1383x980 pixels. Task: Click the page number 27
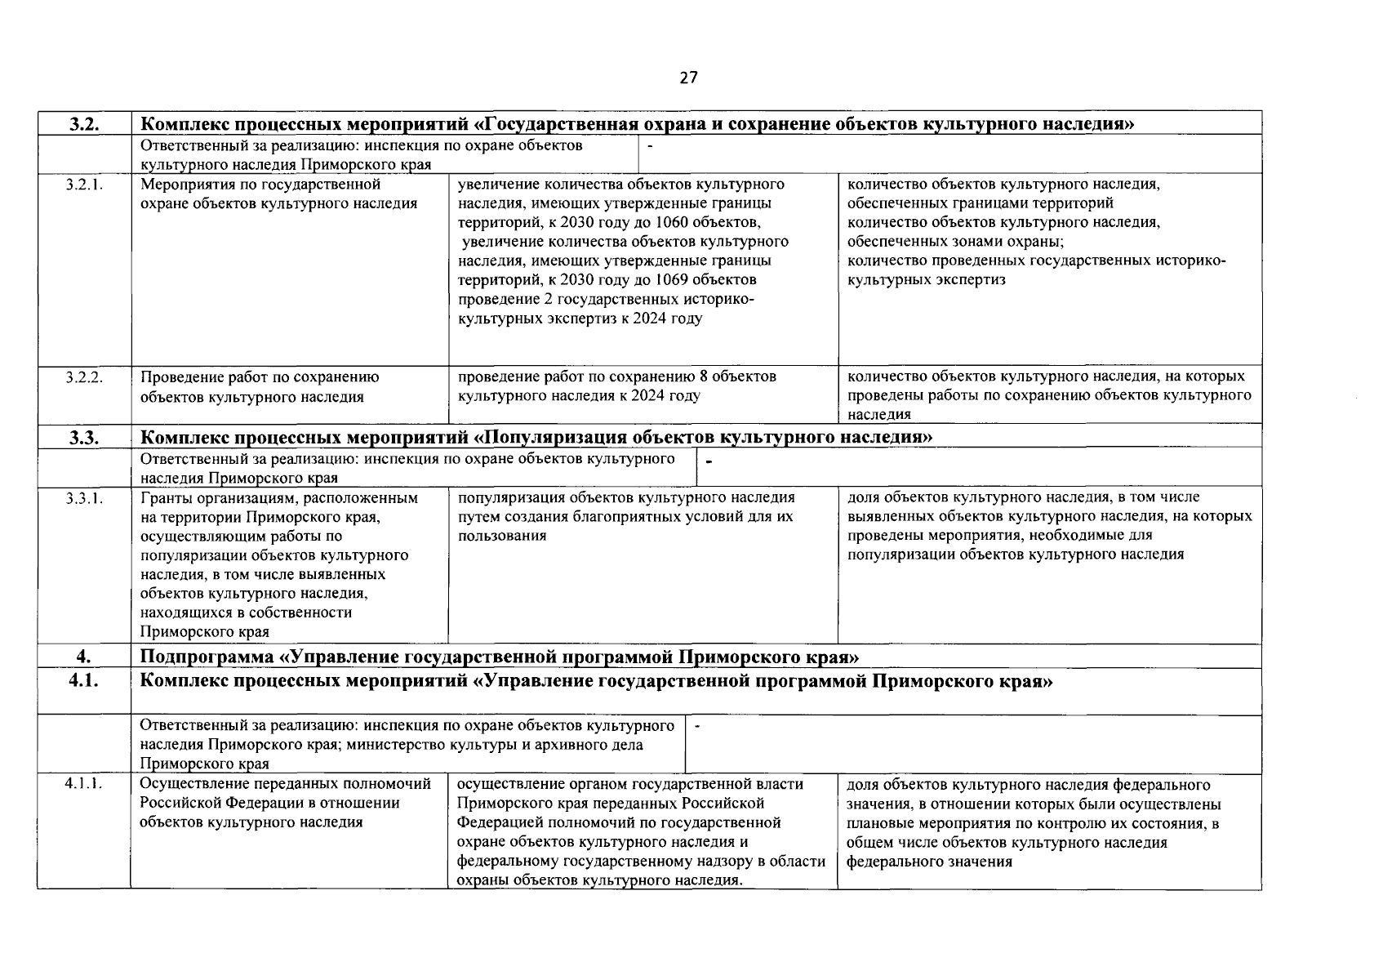688,78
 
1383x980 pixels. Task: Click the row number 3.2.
84,124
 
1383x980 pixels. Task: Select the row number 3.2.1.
84,185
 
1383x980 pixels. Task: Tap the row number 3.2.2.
84,377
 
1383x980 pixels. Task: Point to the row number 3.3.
84,438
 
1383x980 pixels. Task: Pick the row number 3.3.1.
84,498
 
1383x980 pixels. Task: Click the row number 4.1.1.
84,785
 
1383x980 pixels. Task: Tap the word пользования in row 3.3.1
501,536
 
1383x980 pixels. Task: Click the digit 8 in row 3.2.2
704,377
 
